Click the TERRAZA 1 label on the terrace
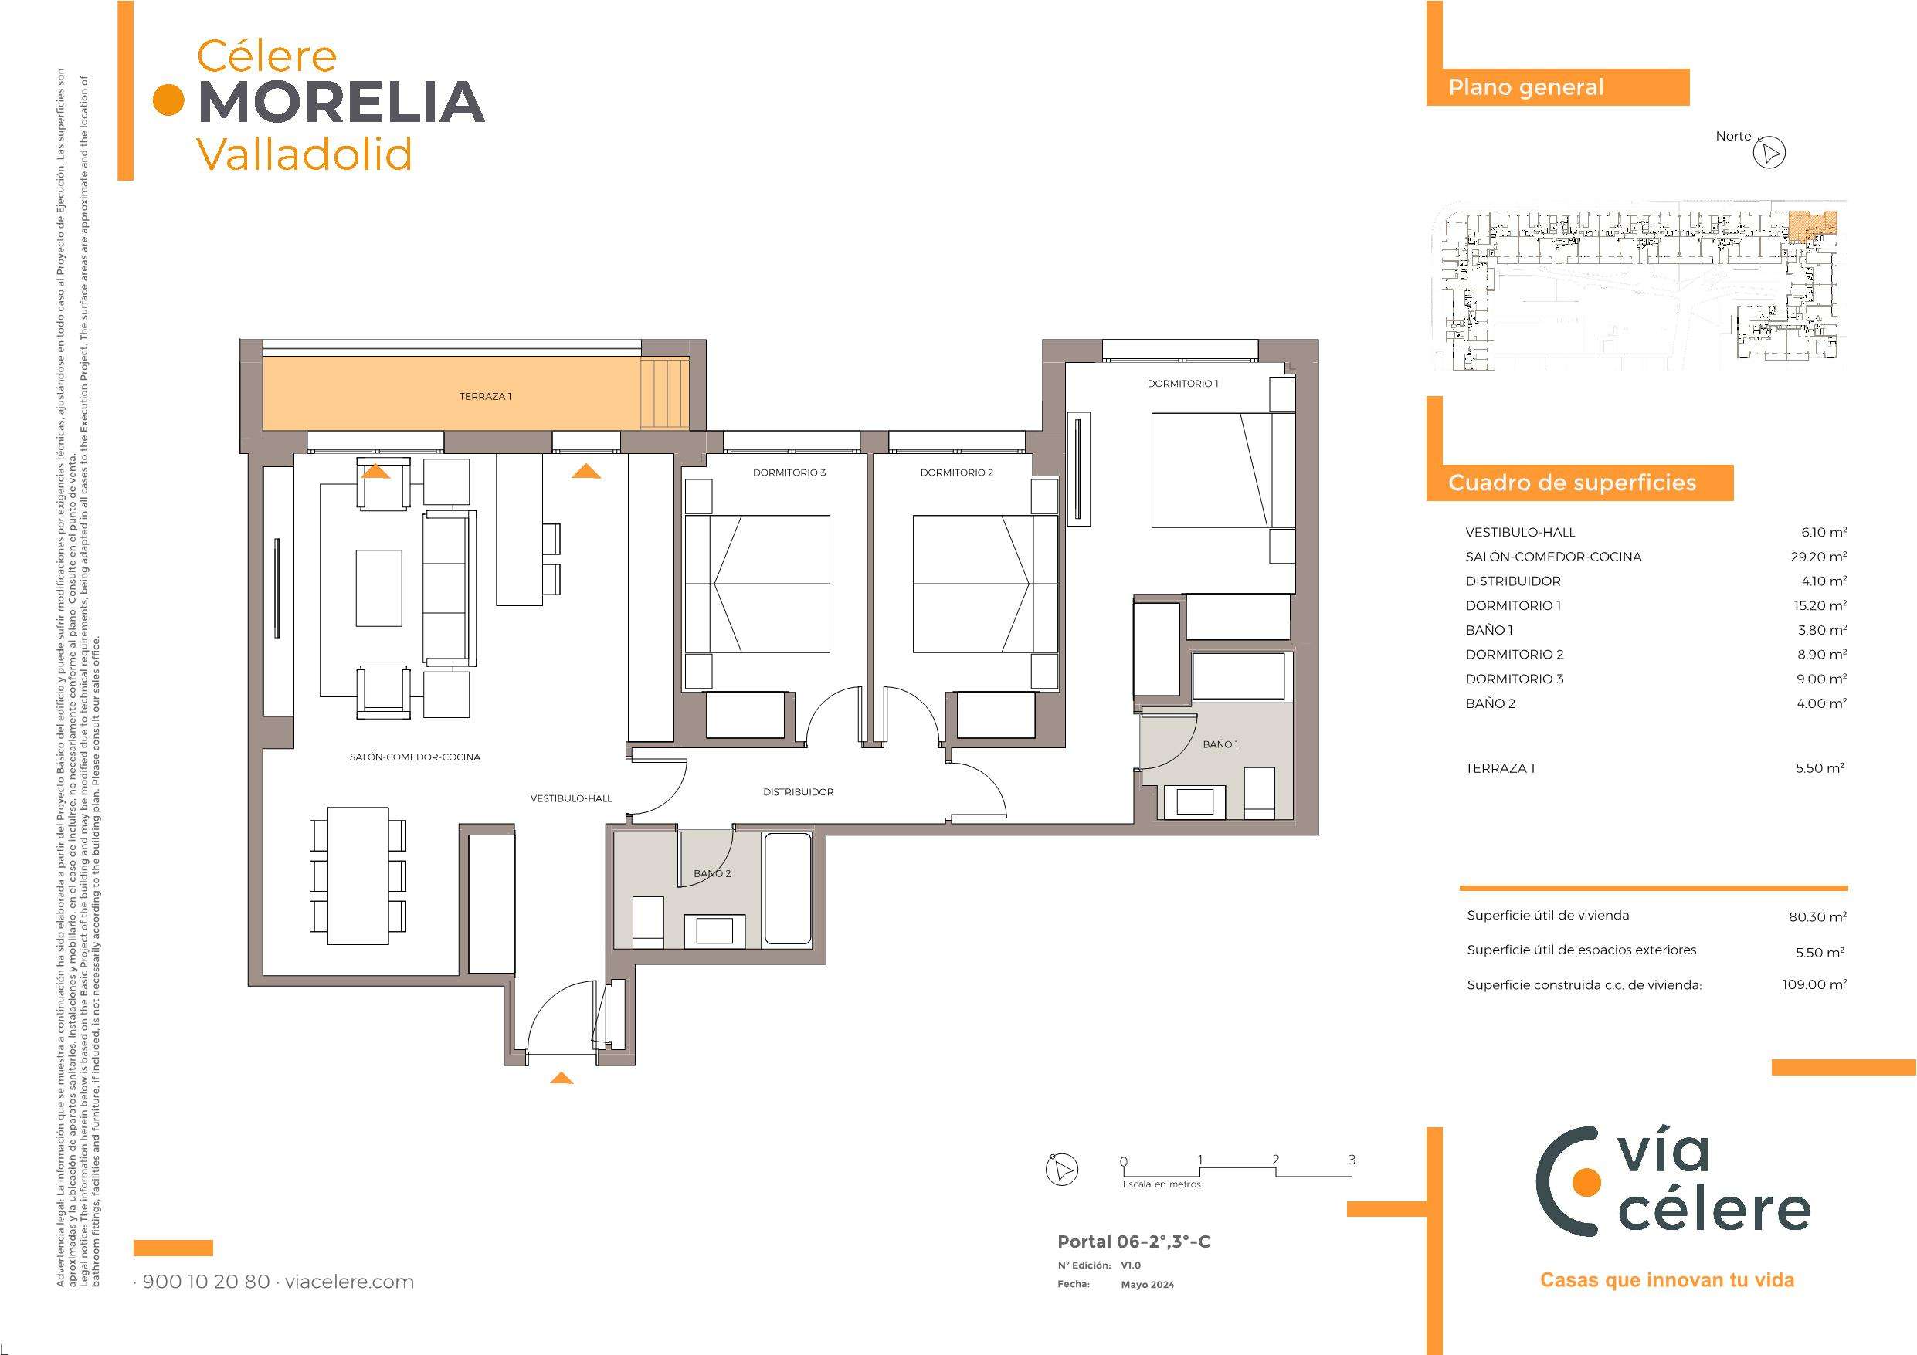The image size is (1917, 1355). point(485,397)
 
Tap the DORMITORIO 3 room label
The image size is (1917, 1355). point(789,473)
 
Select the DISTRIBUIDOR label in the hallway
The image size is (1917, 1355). point(798,792)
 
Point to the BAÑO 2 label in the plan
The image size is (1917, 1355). point(712,873)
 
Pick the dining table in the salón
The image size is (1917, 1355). point(358,875)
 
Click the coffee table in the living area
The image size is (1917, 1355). point(379,588)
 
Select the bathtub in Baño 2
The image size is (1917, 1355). point(787,890)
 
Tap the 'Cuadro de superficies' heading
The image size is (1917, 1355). point(1573,483)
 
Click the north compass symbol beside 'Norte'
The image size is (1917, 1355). point(1769,154)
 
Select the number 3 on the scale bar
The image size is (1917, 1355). point(1352,1160)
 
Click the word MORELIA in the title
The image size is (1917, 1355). point(342,101)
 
